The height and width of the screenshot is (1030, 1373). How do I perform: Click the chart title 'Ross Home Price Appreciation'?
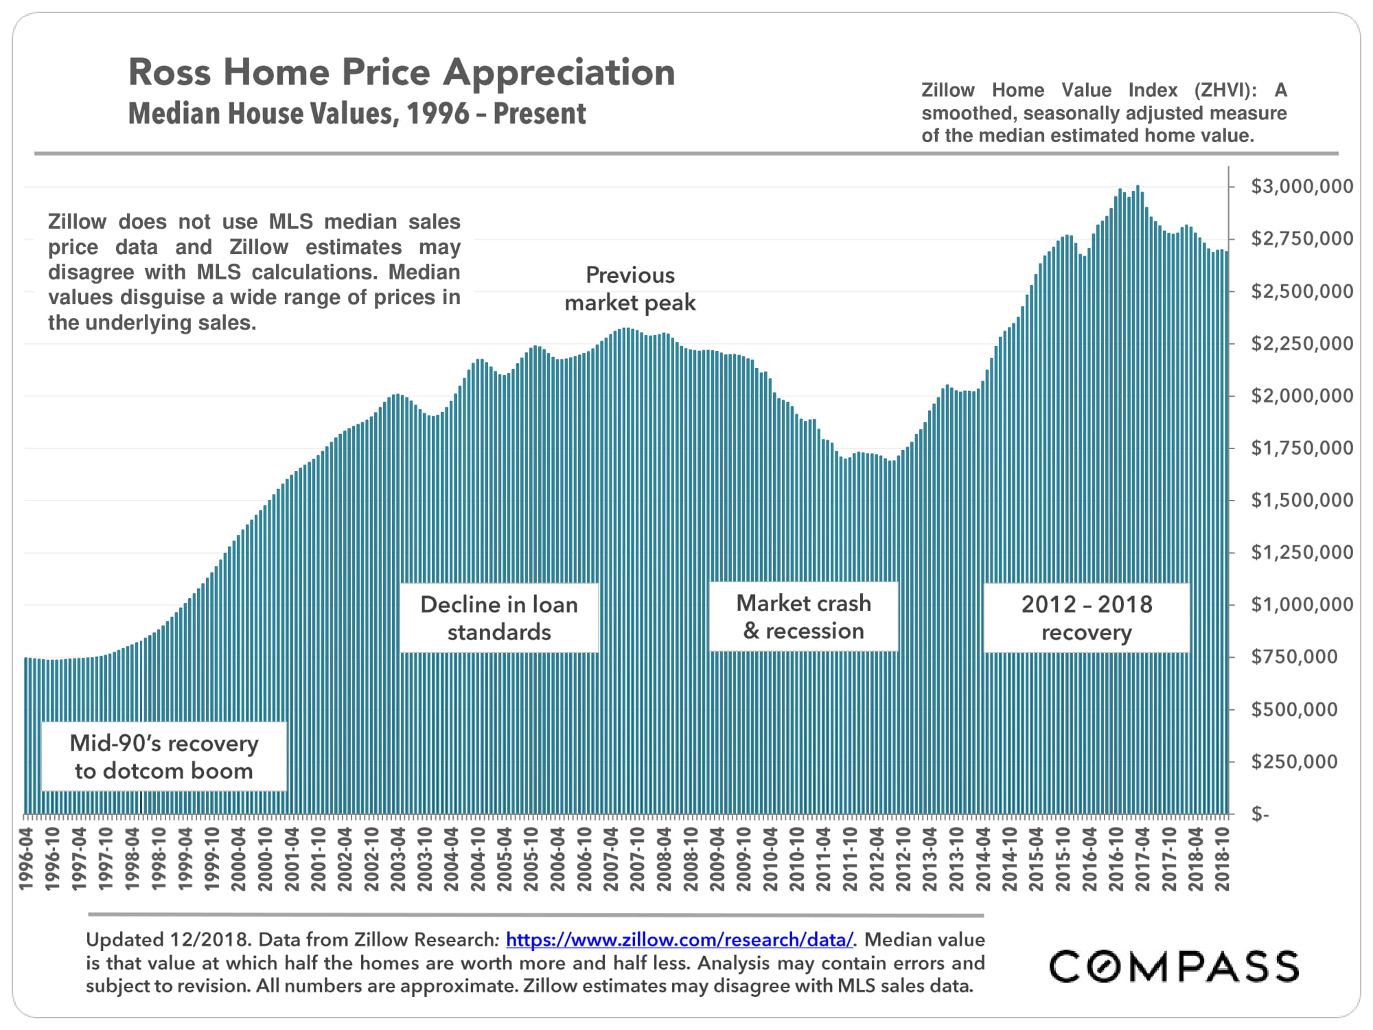click(402, 72)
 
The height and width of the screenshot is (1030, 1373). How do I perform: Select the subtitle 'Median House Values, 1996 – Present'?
click(357, 114)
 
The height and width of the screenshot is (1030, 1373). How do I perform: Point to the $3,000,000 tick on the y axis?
click(1302, 187)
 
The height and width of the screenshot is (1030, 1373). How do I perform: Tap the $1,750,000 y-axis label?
click(1302, 448)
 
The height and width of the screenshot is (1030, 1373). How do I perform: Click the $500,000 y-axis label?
click(1294, 709)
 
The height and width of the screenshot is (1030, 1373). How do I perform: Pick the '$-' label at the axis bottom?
click(1260, 814)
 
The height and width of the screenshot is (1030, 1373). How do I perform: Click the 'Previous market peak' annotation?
click(630, 289)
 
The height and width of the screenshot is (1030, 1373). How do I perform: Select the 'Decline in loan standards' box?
click(499, 618)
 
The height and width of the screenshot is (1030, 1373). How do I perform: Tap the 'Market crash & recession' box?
click(803, 617)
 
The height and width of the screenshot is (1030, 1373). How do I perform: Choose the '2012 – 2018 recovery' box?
click(1087, 618)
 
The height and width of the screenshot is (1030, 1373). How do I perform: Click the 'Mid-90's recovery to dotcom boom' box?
click(164, 757)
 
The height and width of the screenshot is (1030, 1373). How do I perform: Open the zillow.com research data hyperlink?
click(680, 939)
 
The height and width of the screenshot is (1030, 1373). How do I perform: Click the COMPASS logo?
click(1174, 966)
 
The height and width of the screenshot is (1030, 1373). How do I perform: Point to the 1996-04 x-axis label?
click(27, 859)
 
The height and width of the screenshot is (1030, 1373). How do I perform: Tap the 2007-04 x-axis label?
click(611, 859)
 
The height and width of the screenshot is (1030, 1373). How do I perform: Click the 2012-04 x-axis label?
click(877, 859)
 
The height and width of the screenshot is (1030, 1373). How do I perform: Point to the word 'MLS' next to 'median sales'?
click(290, 222)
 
